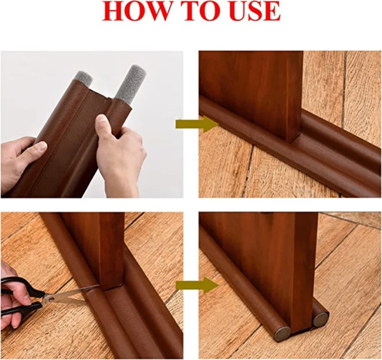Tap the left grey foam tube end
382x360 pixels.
point(83,79)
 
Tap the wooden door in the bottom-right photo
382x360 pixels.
point(274,261)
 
